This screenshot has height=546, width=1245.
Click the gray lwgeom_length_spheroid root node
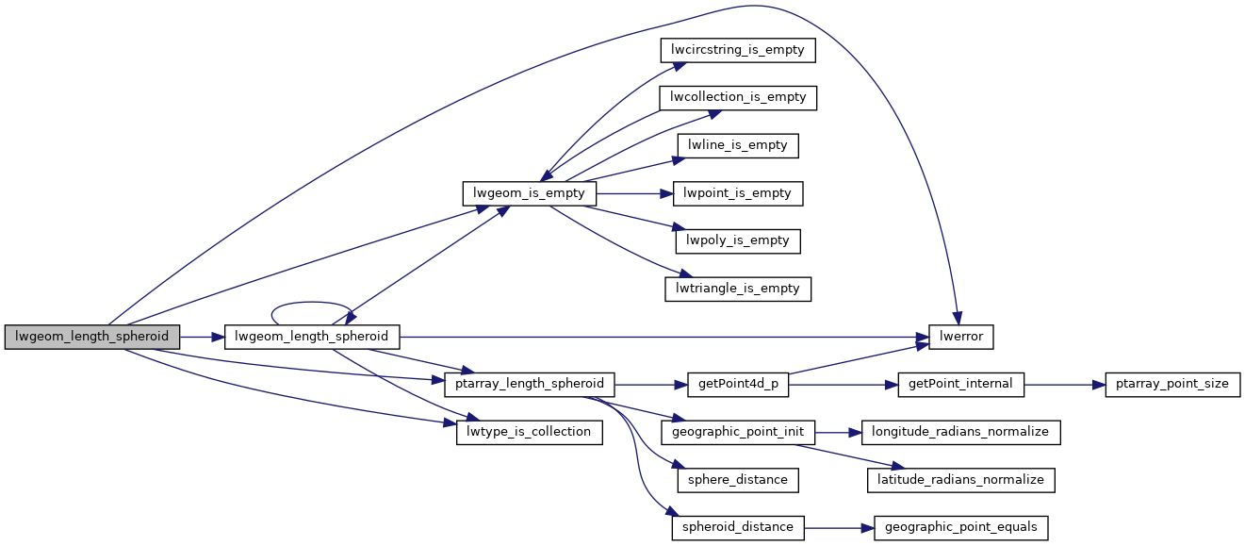click(x=91, y=337)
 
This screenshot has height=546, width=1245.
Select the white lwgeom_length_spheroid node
click(x=312, y=337)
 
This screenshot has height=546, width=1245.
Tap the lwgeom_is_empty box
click(x=529, y=193)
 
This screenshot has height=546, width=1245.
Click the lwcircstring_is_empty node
click(x=737, y=50)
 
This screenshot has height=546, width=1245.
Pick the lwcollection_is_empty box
click(x=738, y=97)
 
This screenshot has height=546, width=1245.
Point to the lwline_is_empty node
click(x=738, y=145)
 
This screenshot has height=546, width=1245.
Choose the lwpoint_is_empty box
click(x=738, y=193)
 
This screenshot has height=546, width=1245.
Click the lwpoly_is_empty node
click(x=738, y=240)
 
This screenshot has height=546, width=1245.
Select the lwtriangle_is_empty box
click(x=738, y=289)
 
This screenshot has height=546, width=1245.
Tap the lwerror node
click(x=961, y=337)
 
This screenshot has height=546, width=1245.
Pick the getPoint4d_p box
click(x=738, y=384)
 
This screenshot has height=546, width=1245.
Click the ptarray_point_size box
click(x=1166, y=384)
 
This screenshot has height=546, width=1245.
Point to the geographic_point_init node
click(x=738, y=432)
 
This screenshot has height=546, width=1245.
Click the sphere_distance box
click(x=738, y=480)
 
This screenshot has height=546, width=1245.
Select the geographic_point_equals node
click(x=961, y=527)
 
